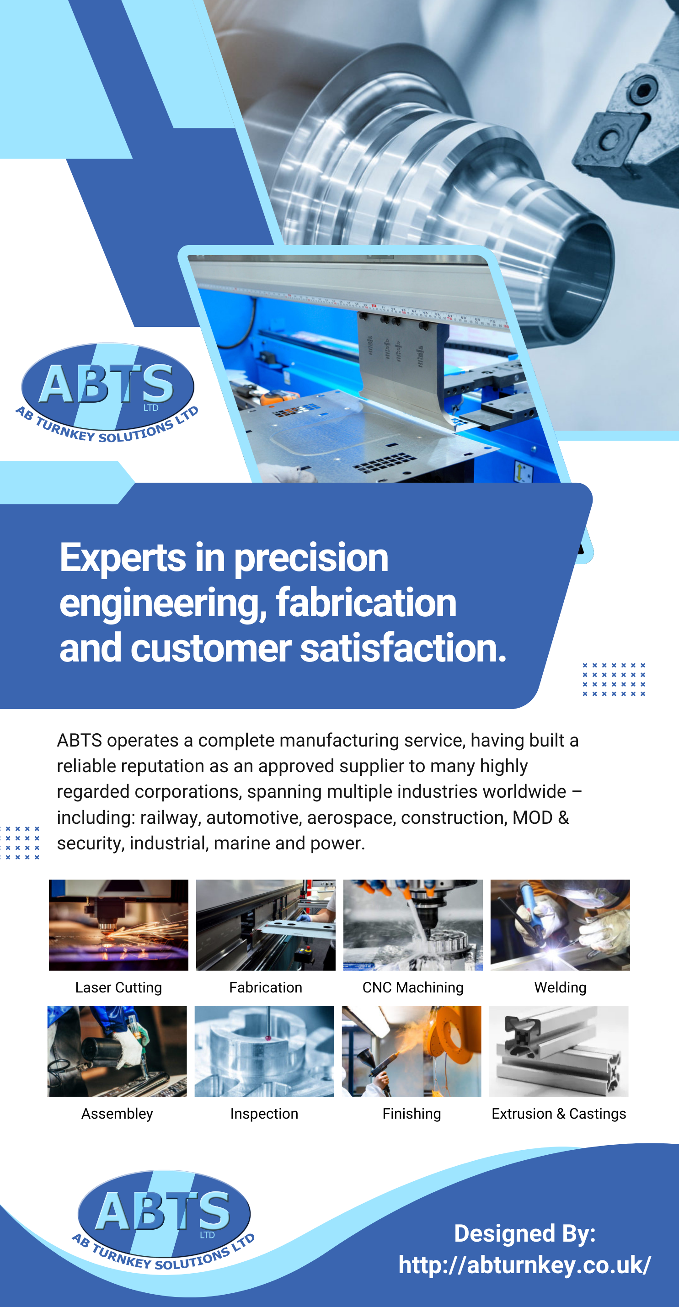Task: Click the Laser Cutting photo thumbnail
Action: tap(118, 925)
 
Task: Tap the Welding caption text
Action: tap(560, 987)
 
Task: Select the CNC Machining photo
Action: tap(413, 925)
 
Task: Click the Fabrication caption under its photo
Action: tap(265, 987)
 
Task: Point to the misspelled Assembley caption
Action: tap(117, 1114)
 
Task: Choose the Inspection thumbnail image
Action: tap(264, 1051)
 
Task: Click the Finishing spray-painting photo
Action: tap(412, 1051)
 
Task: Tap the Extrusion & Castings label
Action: tap(559, 1114)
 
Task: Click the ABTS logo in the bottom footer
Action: tap(163, 1220)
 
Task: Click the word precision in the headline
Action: tap(311, 558)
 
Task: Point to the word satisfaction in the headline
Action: tap(403, 648)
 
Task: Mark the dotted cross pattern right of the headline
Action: tap(614, 679)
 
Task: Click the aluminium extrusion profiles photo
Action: tap(559, 1051)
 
